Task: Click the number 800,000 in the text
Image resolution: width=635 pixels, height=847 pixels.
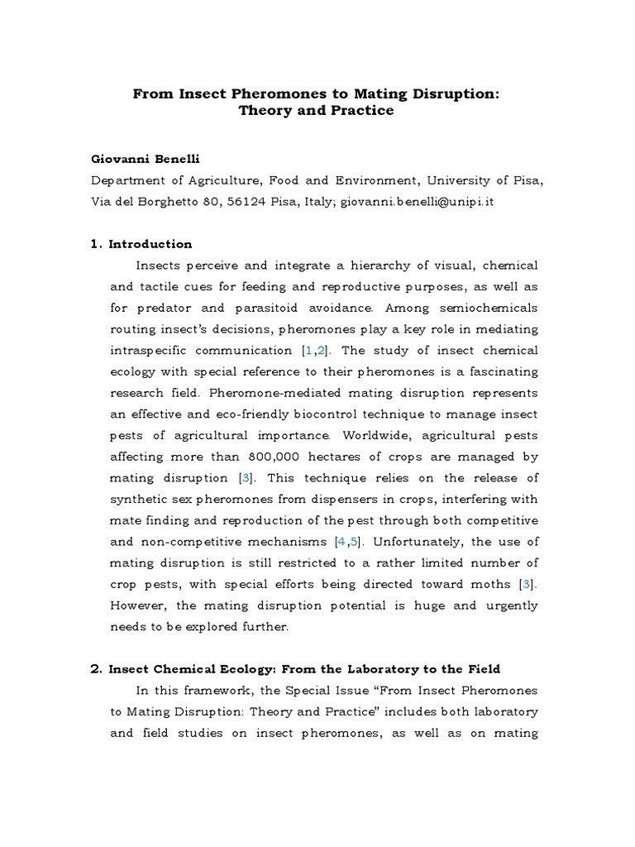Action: (x=276, y=457)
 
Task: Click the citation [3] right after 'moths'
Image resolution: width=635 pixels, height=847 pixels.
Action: (x=526, y=585)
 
